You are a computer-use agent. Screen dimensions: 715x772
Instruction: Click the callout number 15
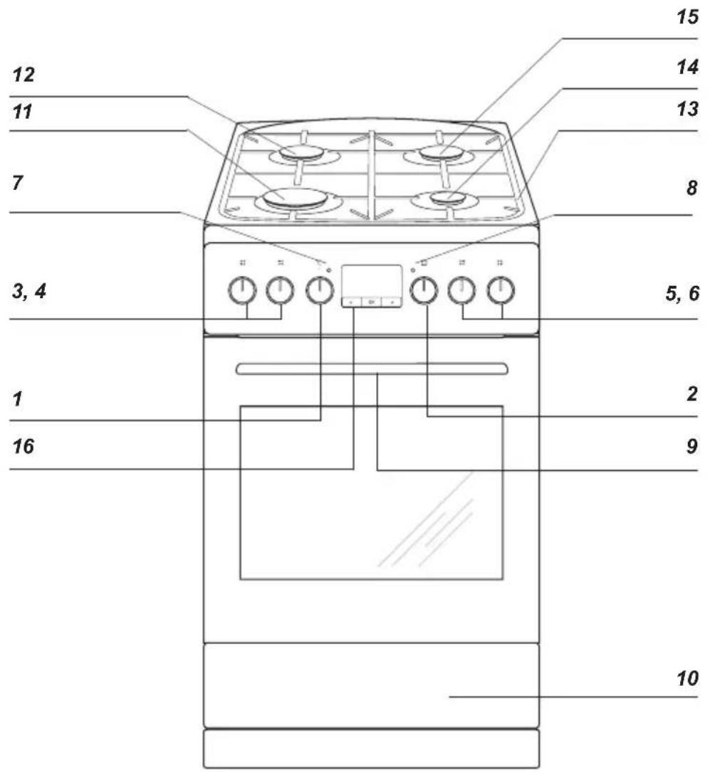click(x=687, y=17)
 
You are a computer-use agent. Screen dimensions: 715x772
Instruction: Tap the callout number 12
click(x=24, y=75)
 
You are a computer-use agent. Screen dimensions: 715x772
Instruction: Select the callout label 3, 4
click(x=29, y=292)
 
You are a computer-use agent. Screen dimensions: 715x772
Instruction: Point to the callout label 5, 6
click(x=682, y=293)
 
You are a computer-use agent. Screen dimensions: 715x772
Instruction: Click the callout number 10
click(x=687, y=679)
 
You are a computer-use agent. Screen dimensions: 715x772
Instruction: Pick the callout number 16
click(x=24, y=447)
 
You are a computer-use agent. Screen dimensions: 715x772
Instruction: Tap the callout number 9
click(x=692, y=447)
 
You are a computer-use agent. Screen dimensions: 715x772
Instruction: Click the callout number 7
click(x=18, y=183)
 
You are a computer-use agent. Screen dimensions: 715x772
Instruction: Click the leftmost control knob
click(x=242, y=290)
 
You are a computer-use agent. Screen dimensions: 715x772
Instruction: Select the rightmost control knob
click(x=501, y=290)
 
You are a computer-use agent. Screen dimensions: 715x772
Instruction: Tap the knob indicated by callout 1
click(x=320, y=290)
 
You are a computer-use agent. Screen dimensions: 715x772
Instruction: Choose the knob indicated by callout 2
click(x=424, y=290)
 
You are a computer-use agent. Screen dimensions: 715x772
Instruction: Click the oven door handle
click(x=372, y=369)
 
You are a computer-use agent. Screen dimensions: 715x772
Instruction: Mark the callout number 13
click(x=687, y=109)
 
